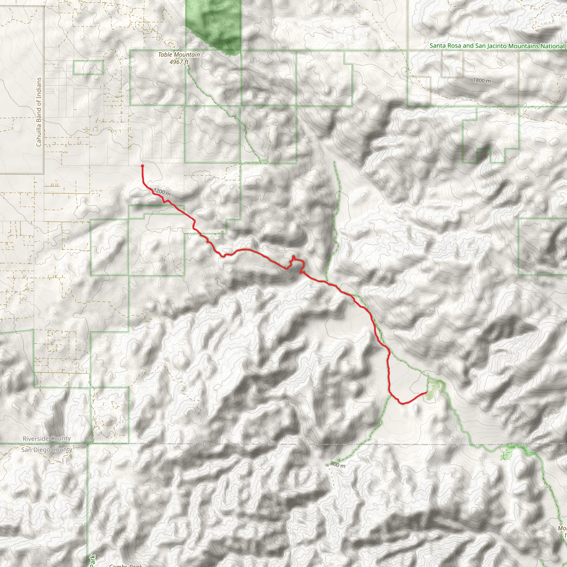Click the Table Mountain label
click(x=179, y=55)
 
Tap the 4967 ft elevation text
click(x=179, y=62)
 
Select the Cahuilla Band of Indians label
click(x=39, y=112)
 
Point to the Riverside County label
click(x=47, y=439)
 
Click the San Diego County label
click(x=47, y=450)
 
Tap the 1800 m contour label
click(x=482, y=80)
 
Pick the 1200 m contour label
click(x=162, y=192)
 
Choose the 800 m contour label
click(x=338, y=464)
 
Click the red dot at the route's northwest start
click(x=142, y=166)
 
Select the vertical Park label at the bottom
click(x=93, y=560)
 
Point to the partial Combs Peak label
click(x=126, y=565)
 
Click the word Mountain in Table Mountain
click(x=187, y=55)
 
